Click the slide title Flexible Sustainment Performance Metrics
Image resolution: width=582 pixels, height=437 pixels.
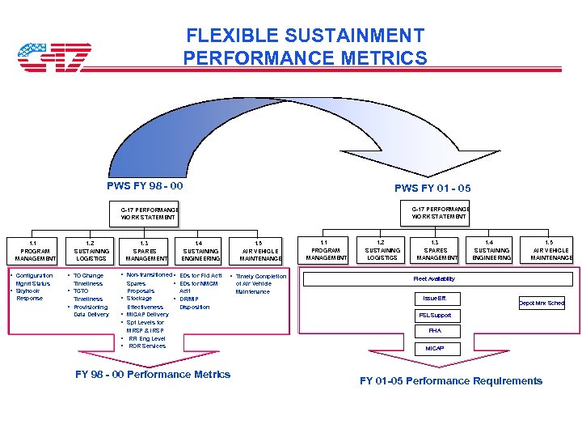(x=305, y=47)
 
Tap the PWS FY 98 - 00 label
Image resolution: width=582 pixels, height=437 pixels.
(x=145, y=186)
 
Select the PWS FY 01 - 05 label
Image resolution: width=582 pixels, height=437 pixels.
(x=432, y=188)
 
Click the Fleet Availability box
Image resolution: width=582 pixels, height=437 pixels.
(x=434, y=278)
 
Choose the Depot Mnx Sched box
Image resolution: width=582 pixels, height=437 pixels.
(x=542, y=303)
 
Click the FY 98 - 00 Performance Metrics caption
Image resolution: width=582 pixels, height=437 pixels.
(x=152, y=374)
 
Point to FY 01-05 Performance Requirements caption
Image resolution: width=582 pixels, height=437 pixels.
(x=450, y=380)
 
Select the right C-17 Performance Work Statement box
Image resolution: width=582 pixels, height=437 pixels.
(x=439, y=213)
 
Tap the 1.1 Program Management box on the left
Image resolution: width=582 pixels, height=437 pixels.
(x=32, y=250)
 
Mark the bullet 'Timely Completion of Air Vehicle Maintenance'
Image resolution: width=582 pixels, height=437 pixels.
(x=260, y=284)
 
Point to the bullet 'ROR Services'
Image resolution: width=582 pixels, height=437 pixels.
(x=146, y=346)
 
